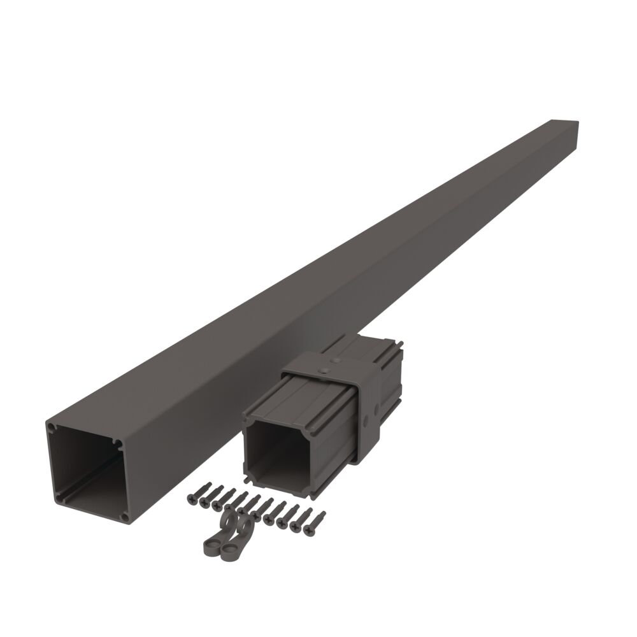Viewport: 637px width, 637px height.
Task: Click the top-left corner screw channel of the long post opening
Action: pos(52,427)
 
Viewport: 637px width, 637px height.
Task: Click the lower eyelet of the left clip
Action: pos(211,545)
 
